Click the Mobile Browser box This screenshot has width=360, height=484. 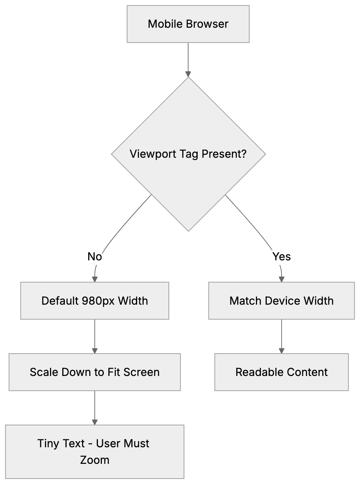188,24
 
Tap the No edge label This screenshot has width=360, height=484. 95,257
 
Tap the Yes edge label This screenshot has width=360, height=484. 282,257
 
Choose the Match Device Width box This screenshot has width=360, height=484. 282,301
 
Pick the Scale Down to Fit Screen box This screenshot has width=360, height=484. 95,372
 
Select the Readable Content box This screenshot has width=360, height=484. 282,372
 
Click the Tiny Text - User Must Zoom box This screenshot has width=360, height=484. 95,452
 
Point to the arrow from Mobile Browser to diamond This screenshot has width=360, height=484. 188,59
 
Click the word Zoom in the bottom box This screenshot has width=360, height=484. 95,460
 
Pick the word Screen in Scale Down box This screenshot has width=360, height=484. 141,372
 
